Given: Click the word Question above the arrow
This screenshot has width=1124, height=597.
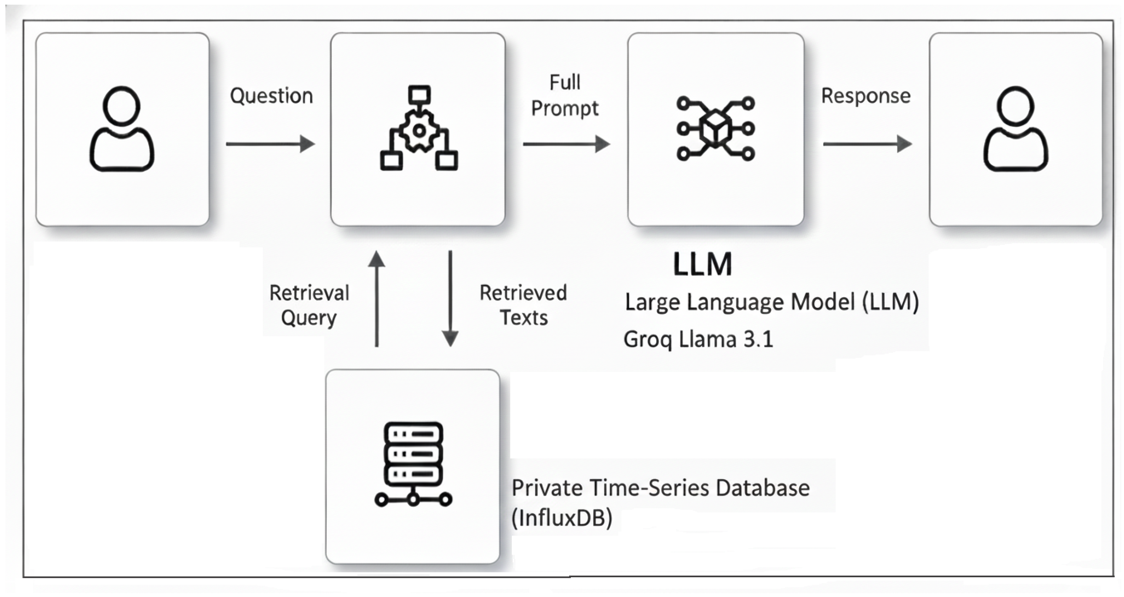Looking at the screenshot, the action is coord(271,96).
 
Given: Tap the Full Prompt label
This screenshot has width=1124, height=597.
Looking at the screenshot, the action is coord(565,96).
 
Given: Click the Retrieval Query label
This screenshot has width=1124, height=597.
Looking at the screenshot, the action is coord(309,305).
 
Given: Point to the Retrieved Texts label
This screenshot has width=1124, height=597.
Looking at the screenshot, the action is coord(523,305).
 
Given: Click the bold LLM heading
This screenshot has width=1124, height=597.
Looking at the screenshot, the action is coord(702,264).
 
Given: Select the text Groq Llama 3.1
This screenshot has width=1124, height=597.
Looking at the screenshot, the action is coord(698,339).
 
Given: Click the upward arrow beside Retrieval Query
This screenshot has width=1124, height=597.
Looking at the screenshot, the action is coord(377,299).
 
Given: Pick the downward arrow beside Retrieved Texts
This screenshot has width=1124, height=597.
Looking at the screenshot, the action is coord(450,299).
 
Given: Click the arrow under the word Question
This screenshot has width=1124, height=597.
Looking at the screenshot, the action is coord(271,144).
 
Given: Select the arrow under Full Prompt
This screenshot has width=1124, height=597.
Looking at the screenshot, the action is coord(566,144).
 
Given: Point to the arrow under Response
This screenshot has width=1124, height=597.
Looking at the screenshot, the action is coord(867,144).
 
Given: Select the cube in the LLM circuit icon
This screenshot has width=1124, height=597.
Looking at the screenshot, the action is coord(716,129).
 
